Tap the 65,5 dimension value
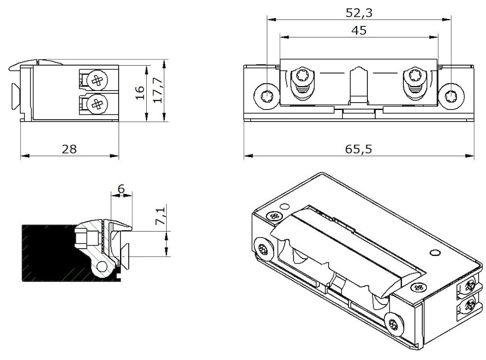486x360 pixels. [x=359, y=149]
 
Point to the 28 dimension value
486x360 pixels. [x=69, y=149]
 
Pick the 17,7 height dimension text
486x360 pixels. [x=157, y=91]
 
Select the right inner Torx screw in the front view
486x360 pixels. [x=416, y=76]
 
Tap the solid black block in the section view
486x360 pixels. [x=46, y=253]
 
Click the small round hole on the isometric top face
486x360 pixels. [x=434, y=252]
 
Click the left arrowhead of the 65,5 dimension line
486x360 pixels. [x=246, y=157]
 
